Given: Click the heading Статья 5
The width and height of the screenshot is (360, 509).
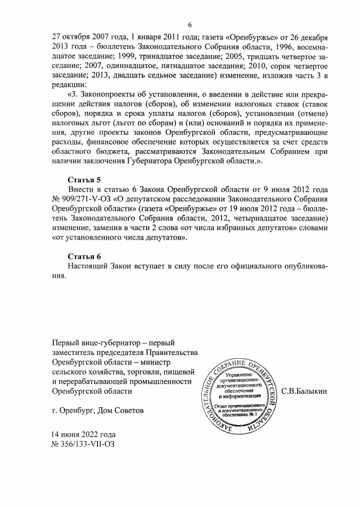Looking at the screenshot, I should pos(84,179).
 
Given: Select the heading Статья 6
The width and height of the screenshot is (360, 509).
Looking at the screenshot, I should pos(84,256).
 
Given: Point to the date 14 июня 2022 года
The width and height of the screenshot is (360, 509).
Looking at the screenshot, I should pos(83,435).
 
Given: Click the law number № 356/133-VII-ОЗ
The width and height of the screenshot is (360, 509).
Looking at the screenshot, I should pos(83,445).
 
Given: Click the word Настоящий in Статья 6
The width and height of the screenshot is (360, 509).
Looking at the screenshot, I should pos(88,266).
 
